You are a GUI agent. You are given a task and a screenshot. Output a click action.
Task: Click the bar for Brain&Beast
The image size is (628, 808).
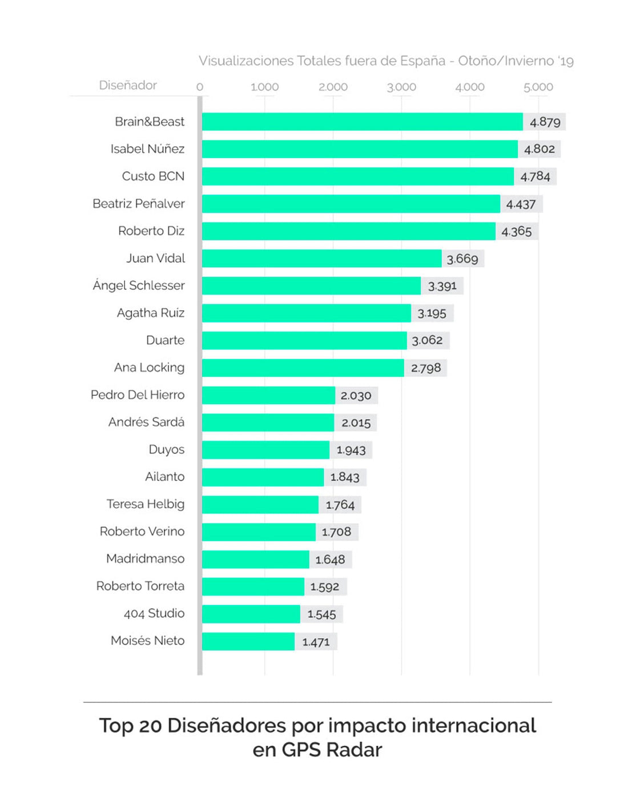click(362, 122)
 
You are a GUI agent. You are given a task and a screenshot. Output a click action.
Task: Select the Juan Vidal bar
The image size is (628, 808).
click(321, 258)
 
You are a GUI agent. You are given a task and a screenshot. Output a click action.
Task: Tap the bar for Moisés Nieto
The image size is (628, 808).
click(248, 641)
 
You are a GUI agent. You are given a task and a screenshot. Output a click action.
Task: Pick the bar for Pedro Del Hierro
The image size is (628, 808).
click(268, 395)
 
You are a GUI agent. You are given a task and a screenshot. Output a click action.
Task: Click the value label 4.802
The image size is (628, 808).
click(540, 149)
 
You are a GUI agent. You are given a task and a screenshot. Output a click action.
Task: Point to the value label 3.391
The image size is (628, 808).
click(442, 286)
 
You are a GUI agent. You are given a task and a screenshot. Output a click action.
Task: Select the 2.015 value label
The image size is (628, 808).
click(356, 423)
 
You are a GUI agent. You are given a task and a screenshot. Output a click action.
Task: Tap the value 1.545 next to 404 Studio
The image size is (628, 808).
click(321, 614)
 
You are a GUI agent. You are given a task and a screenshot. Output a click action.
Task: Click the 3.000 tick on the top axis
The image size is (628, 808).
click(401, 87)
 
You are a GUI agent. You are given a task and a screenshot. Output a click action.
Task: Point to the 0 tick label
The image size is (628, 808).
click(200, 87)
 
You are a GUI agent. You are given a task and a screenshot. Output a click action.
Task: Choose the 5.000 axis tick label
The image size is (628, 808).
click(538, 87)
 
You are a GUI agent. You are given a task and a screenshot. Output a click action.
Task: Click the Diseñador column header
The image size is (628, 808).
click(128, 85)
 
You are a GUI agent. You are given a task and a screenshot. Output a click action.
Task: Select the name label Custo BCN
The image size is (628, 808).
click(153, 176)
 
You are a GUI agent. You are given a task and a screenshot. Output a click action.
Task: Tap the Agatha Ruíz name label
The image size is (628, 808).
click(151, 313)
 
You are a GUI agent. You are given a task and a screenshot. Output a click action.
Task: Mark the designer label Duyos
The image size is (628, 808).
click(166, 449)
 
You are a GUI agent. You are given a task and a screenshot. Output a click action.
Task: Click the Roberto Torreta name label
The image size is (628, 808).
click(140, 586)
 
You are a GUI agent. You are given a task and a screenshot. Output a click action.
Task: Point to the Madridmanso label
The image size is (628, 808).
click(145, 558)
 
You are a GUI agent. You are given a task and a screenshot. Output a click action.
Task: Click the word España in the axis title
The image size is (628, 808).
click(422, 61)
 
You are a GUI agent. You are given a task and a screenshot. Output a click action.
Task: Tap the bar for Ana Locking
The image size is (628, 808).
click(303, 368)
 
